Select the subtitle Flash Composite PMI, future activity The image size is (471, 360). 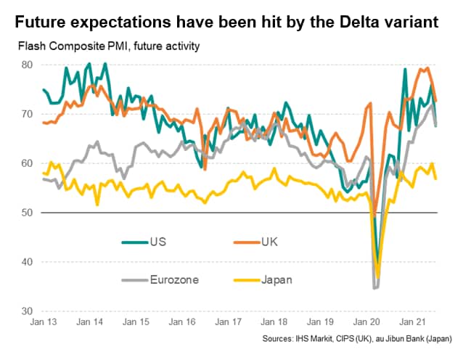click(x=105, y=47)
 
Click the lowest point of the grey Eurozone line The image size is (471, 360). click(x=375, y=288)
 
